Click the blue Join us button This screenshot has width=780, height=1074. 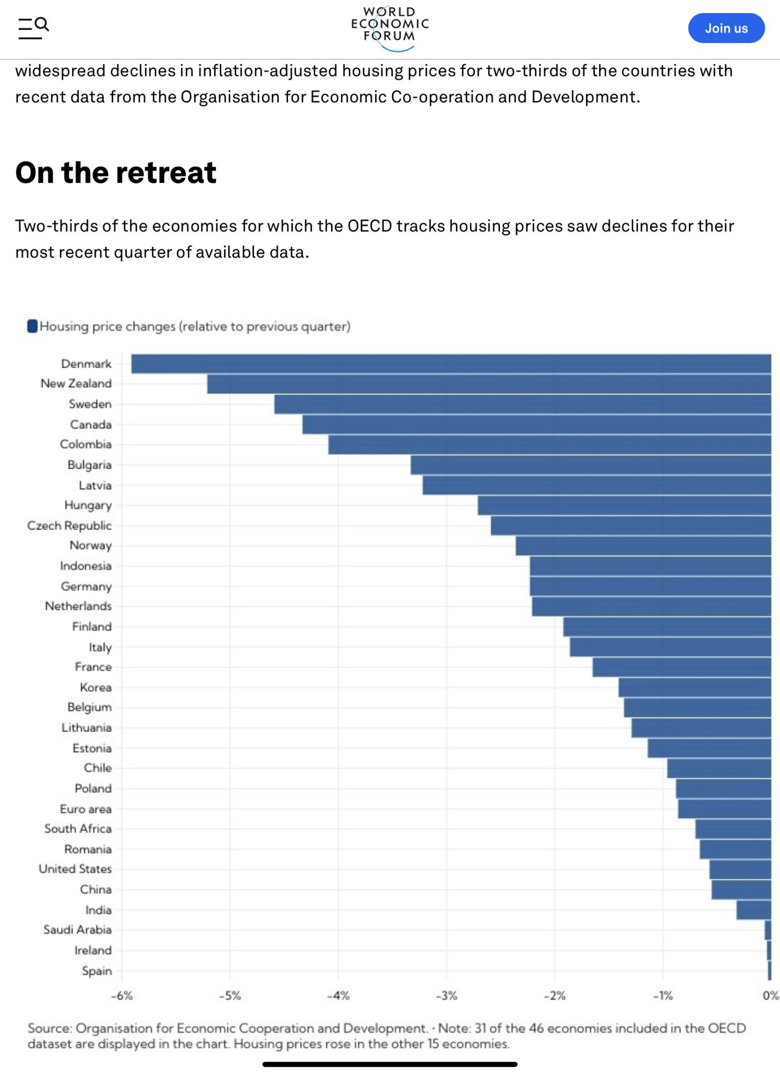726,28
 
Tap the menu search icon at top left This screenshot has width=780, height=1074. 34,28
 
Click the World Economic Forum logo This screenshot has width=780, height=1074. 390,27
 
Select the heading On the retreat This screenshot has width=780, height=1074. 116,173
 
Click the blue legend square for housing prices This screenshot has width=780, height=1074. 33,326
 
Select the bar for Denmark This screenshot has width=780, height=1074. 451,364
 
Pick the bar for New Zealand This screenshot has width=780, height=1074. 489,384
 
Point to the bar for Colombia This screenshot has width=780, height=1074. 550,445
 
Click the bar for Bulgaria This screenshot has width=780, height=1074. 591,465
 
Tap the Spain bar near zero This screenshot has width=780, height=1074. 769,971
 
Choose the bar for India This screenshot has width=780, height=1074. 753,910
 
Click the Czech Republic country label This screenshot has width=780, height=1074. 69,525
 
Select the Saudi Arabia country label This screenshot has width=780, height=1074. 78,930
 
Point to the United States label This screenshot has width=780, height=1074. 75,869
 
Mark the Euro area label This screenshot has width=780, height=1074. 86,809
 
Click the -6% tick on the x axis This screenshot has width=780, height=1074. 122,995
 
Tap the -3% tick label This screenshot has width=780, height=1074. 446,995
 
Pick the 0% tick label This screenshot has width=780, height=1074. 770,995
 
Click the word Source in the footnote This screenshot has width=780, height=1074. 49,1028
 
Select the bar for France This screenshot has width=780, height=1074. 682,667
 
